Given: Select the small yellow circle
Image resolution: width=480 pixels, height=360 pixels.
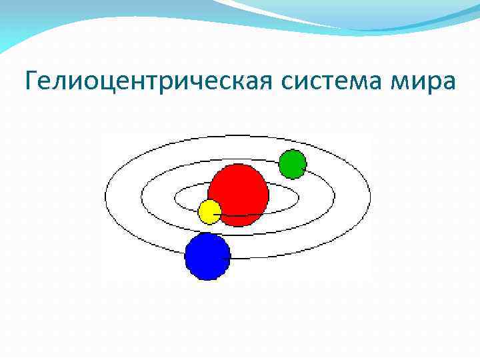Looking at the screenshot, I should pos(209,211).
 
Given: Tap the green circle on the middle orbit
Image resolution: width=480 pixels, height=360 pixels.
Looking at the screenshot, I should pos(292,164).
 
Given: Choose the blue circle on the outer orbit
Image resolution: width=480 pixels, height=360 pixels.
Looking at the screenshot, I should pos(207,257).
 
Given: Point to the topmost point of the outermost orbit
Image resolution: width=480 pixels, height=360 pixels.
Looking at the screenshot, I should pos(238,136).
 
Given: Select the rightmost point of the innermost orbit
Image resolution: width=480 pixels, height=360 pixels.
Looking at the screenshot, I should pos(301,198).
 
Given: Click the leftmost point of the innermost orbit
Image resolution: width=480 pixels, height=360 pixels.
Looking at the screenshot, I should pos(175,198).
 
